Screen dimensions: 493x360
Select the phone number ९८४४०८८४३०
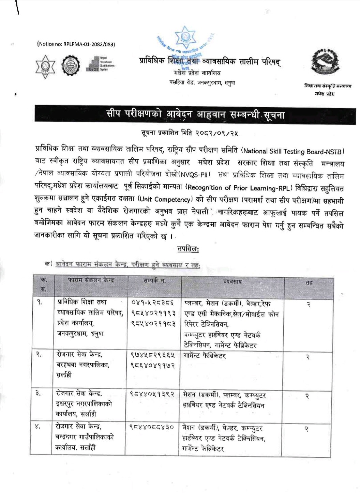click(x=152, y=427)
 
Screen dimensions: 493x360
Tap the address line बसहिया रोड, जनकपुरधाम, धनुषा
click(x=202, y=82)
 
